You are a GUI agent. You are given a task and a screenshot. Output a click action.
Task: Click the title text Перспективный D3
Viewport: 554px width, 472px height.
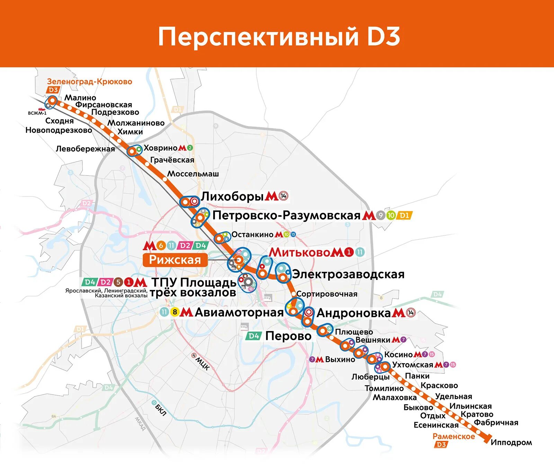click(279, 37)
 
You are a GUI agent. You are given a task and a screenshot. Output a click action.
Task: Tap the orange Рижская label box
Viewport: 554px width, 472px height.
click(175, 260)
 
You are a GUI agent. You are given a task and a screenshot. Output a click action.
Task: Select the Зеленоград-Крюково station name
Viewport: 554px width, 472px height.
click(89, 82)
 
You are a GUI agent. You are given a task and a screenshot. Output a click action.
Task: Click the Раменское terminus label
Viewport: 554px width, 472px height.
click(454, 436)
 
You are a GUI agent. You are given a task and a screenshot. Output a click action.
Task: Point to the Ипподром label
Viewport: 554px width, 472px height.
click(511, 443)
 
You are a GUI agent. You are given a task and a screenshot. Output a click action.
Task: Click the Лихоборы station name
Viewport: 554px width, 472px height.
click(232, 196)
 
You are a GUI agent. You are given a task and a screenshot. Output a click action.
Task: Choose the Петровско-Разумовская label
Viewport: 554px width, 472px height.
click(286, 215)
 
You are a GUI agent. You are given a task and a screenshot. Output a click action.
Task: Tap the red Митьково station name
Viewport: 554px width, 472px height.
click(300, 252)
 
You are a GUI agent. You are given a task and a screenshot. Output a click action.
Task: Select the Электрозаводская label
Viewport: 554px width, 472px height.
click(348, 274)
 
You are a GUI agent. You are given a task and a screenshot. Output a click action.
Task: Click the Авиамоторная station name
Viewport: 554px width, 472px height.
click(239, 312)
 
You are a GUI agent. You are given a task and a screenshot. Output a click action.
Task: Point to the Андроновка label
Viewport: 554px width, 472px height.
click(354, 313)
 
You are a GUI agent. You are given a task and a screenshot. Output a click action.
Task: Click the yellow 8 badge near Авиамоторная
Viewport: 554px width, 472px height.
click(175, 312)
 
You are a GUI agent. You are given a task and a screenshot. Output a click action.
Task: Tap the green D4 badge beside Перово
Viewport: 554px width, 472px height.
click(254, 336)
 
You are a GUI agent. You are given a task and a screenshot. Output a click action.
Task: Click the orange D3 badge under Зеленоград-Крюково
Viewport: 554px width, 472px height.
click(53, 90)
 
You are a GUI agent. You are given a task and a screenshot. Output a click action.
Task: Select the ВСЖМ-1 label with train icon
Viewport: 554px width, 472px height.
click(37, 112)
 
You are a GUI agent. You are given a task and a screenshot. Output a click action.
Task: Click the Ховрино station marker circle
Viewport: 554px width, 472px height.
click(132, 151)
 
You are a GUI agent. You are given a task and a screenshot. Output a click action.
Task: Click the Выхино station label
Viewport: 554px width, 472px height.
click(340, 360)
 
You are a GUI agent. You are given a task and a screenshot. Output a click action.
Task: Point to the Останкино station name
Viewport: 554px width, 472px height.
click(252, 235)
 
